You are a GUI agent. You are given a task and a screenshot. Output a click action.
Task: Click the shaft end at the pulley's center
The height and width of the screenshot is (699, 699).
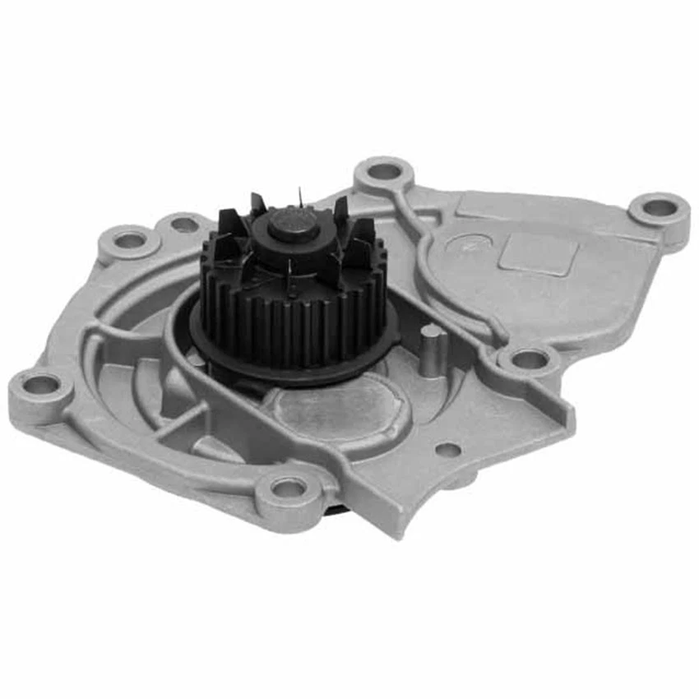[x=293, y=221]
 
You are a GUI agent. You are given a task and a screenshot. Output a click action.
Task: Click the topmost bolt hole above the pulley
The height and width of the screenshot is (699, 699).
[x=384, y=172]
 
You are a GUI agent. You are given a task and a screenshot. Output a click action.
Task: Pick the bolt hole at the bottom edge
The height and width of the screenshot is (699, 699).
[x=289, y=488]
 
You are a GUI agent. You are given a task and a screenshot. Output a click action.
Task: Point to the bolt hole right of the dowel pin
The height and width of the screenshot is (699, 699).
[x=529, y=359]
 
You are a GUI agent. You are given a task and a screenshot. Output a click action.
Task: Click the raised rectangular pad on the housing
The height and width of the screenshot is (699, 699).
[x=539, y=252]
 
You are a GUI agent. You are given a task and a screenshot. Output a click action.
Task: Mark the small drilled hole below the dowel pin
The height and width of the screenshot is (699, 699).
[x=447, y=450]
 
